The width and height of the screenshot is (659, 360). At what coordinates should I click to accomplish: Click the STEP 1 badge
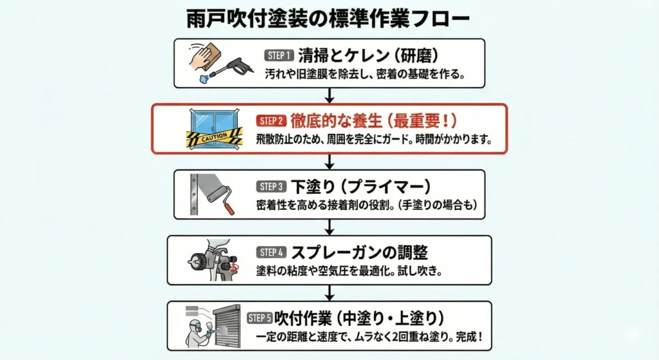point(279,56)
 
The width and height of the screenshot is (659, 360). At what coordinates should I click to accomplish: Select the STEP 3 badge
point(270,187)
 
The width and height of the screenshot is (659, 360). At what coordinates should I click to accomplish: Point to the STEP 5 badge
point(260,318)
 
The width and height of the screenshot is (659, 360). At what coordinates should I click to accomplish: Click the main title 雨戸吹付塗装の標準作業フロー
point(329,17)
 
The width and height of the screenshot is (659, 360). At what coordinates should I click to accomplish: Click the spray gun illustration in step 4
point(215,260)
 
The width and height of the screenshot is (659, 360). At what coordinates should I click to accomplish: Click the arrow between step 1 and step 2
point(329,95)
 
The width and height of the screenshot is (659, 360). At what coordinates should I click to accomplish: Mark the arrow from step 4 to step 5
point(329,292)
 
